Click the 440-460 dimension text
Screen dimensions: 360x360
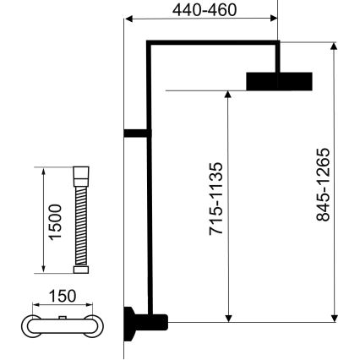pyautogui.click(x=204, y=10)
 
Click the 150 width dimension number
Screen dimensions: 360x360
pyautogui.click(x=63, y=296)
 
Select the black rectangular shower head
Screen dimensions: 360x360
pyautogui.click(x=279, y=80)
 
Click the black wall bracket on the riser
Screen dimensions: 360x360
pyautogui.click(x=134, y=132)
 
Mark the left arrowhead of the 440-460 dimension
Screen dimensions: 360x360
pyautogui.click(x=128, y=19)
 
